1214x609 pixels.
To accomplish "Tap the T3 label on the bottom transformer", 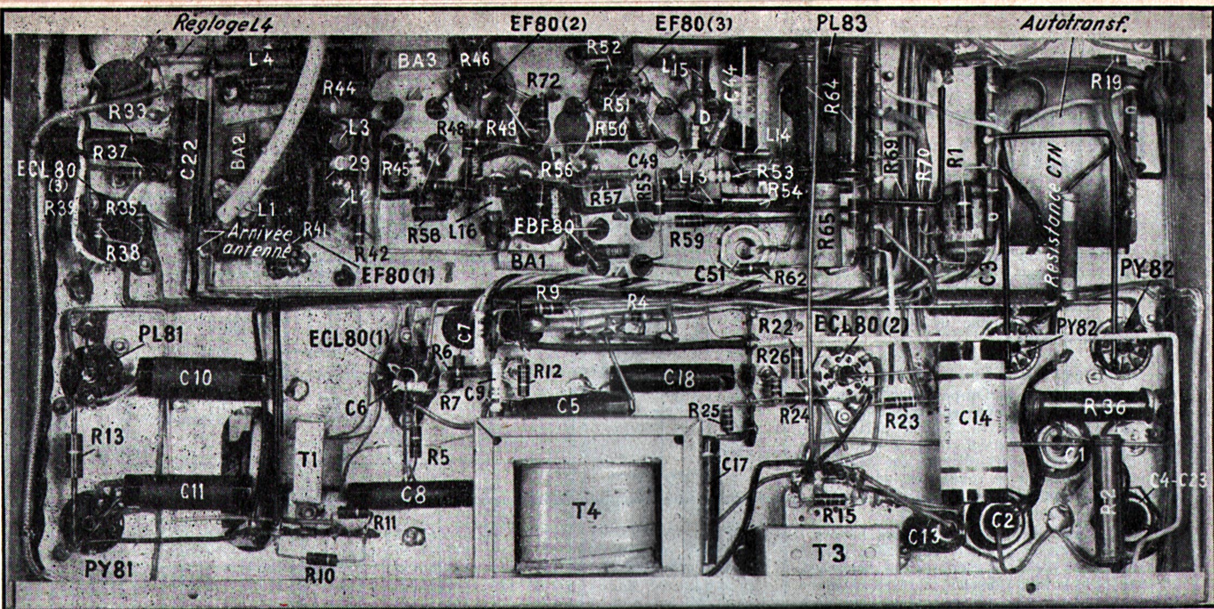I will tap(829, 553).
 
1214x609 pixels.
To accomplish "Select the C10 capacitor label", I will tap(195, 378).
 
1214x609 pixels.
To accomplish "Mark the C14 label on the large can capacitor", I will tap(975, 418).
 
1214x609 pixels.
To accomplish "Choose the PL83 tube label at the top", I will tap(841, 23).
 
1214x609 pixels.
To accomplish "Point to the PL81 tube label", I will tap(161, 334).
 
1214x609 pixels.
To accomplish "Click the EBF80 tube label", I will tap(544, 227).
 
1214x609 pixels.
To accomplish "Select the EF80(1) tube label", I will tap(398, 276).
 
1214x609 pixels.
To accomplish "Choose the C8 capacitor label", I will tap(413, 495).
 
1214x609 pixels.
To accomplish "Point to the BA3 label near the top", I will tap(417, 60).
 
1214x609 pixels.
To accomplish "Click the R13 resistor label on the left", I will tap(107, 436).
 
